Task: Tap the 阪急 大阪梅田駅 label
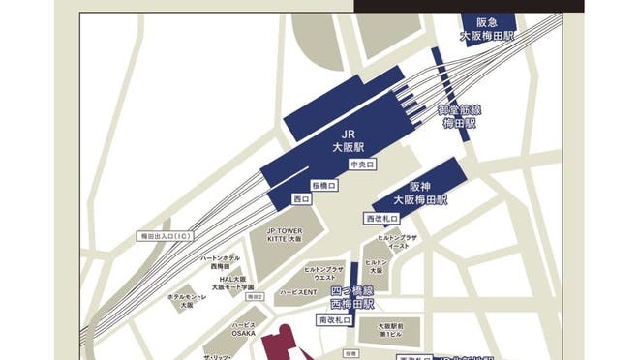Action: (486, 28)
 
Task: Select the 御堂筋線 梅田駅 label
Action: (461, 117)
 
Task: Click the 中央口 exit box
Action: (361, 165)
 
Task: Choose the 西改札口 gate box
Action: (380, 220)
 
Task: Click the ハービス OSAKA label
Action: (244, 328)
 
